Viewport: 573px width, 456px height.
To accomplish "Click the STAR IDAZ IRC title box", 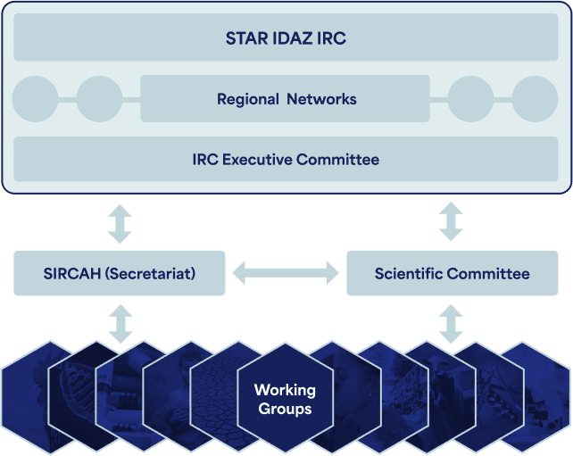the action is click(x=286, y=37).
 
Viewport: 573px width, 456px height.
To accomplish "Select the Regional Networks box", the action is click(x=285, y=99).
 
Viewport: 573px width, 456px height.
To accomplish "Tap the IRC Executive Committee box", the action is click(x=286, y=159).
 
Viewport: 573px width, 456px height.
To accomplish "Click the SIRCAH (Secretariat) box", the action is click(x=119, y=273).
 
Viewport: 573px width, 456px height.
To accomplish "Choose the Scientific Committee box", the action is click(x=452, y=273).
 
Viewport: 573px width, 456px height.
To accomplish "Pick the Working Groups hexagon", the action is click(x=285, y=399).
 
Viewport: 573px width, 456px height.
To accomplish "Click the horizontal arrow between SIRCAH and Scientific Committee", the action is click(x=286, y=273).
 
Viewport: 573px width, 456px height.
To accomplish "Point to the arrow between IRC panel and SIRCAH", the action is click(x=120, y=224).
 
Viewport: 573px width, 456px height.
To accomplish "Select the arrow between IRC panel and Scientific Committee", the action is click(x=451, y=221).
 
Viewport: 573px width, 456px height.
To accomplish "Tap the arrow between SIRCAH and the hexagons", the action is click(x=121, y=324).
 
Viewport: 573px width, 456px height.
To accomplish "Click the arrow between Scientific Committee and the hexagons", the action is click(x=451, y=324).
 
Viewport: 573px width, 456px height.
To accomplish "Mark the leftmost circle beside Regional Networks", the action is click(x=35, y=99).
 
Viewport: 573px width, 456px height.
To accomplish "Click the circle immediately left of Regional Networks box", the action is click(x=99, y=99).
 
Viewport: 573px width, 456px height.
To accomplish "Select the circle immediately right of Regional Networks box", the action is click(x=470, y=99).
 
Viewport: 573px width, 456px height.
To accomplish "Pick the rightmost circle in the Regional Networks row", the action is click(x=535, y=99).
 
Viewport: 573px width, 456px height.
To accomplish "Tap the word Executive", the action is click(x=257, y=160).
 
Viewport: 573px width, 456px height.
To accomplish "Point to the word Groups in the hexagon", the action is click(x=285, y=409).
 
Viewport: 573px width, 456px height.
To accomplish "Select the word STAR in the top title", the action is click(x=246, y=38).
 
